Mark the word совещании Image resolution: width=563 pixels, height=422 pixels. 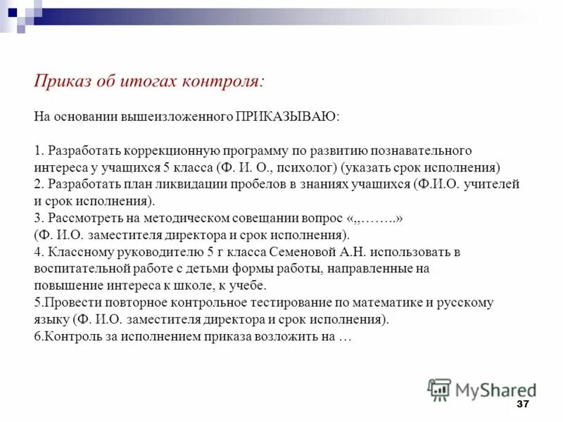click(262, 218)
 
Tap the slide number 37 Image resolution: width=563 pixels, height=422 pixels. click(522, 404)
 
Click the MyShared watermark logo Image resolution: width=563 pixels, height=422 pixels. click(481, 389)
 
